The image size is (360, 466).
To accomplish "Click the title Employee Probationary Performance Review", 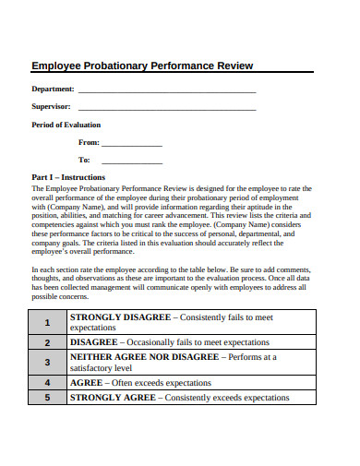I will (x=142, y=66).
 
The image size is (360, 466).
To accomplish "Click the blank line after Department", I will (x=167, y=91).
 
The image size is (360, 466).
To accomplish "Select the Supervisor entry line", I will (x=165, y=109).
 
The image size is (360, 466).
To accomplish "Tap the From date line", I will (x=131, y=145).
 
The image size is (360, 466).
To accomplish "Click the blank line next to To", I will (x=131, y=162).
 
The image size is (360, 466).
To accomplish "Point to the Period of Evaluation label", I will (x=66, y=125).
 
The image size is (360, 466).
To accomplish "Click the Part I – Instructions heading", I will (x=68, y=177).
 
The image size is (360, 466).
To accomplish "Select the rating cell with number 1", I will (x=46, y=322).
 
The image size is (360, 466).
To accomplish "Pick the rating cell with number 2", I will (x=46, y=341).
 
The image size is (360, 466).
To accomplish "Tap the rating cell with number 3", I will (x=46, y=362).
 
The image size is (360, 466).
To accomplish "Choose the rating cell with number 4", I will (x=46, y=382).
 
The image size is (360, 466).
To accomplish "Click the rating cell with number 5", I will (x=46, y=398).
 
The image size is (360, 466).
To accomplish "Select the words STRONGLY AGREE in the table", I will (x=113, y=398).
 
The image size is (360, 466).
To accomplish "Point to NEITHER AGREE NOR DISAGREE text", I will (x=143, y=356).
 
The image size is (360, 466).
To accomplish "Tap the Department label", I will (x=53, y=90).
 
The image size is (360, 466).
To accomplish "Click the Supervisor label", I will (x=52, y=107).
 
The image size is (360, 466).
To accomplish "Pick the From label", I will (x=89, y=143).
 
